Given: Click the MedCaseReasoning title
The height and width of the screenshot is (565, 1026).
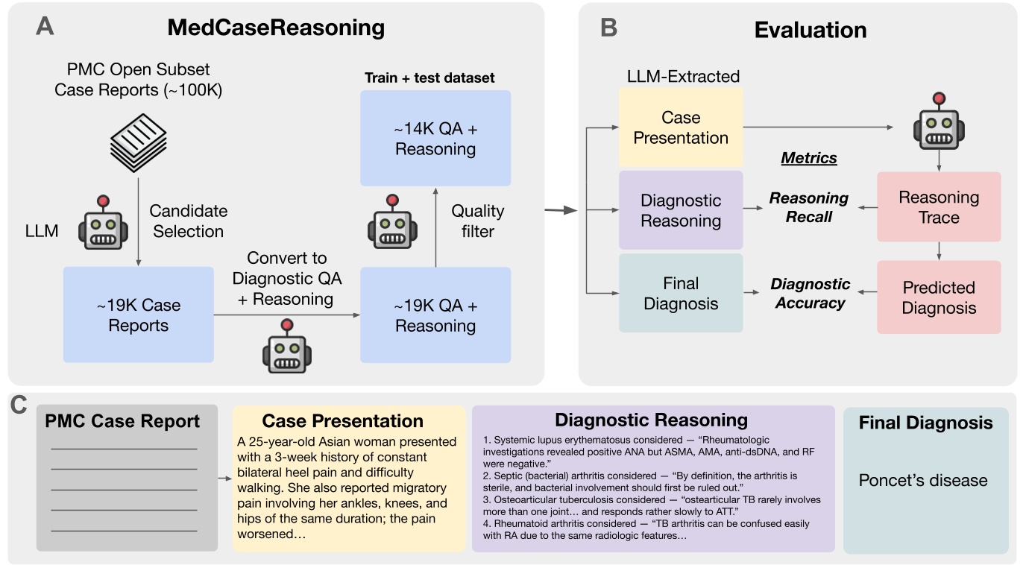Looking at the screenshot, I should tap(276, 28).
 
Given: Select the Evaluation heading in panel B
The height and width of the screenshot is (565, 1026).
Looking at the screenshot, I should tap(810, 31).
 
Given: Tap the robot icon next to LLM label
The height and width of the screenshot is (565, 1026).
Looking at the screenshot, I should tap(103, 224).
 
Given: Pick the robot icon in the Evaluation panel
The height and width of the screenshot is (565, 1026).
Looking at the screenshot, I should tap(939, 122).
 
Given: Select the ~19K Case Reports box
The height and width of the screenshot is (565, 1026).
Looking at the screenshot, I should tap(138, 315).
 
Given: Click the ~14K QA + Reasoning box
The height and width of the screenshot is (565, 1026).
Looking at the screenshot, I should tap(435, 139).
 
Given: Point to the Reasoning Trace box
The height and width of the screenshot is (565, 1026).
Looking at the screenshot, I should tap(939, 207).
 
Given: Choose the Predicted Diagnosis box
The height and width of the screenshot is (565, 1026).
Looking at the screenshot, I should tap(939, 297).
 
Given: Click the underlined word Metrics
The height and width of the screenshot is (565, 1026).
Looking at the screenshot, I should tap(809, 158).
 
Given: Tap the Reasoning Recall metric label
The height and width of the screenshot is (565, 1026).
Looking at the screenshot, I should tap(809, 207).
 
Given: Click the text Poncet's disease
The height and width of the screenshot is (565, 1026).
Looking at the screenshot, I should tap(923, 480).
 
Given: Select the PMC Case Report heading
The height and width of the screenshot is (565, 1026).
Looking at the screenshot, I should tap(122, 421).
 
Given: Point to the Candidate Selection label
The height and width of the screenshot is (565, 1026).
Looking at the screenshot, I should tap(189, 221).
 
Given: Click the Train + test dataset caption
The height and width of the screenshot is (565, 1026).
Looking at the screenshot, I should tap(429, 78).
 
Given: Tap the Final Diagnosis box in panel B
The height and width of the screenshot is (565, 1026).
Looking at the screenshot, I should tap(681, 293).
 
